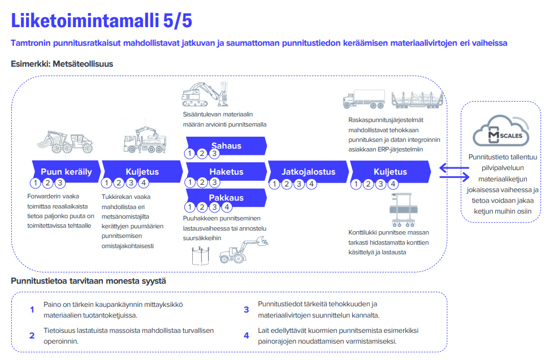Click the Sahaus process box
pos(226,146)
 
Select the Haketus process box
pos(226,171)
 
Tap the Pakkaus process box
pos(226,198)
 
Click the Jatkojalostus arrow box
pos(308,171)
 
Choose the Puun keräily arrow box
pos(66,171)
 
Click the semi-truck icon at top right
pos(364,99)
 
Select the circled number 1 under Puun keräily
pos(36,183)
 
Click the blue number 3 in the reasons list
pos(246,310)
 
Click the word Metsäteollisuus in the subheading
pos(83,64)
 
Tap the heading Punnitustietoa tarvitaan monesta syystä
pos(88,281)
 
